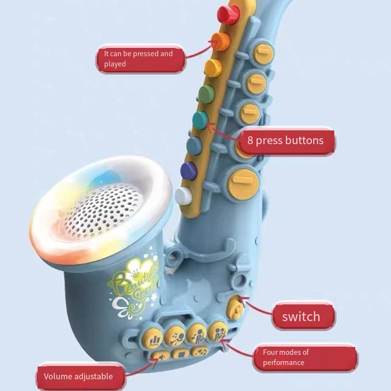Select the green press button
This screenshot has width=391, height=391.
tap(207, 93)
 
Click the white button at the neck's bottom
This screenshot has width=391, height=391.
tap(183, 195)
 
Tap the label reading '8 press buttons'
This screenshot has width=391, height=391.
tap(286, 141)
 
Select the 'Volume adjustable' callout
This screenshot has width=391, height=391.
tap(78, 376)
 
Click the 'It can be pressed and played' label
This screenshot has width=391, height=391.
tap(139, 59)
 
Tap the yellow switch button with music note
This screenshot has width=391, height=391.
tap(237, 307)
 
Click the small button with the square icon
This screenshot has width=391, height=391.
tap(180, 353)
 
